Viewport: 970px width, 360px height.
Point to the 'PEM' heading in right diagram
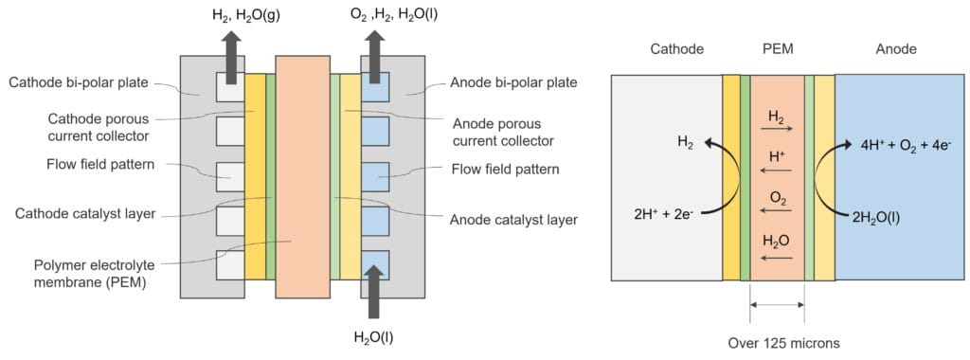coord(776,49)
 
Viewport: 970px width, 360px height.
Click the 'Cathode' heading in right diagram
coord(676,49)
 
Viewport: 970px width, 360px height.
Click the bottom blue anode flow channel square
coord(375,264)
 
